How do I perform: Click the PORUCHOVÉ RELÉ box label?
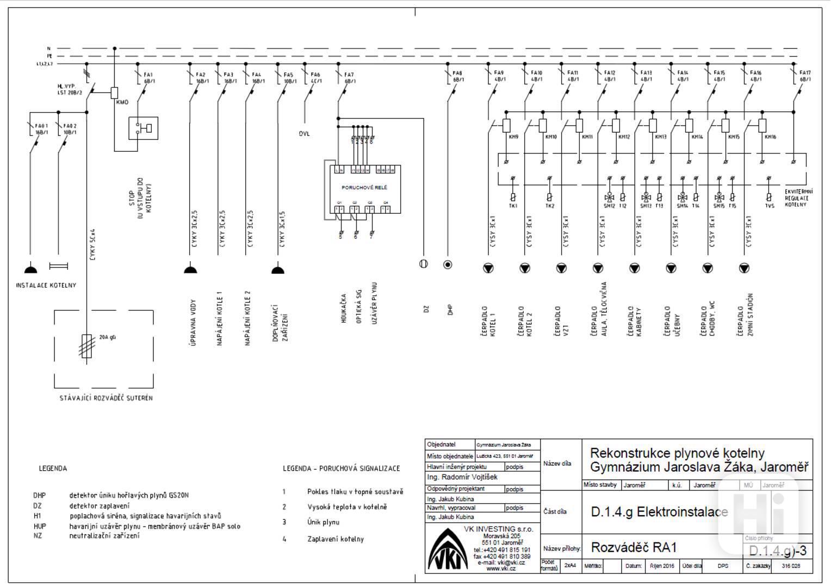tap(364, 187)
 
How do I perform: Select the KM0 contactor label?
tap(122, 102)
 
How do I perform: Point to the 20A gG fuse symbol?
tap(86, 345)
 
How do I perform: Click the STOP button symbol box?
tap(143, 128)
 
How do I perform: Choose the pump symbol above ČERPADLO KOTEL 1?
tap(488, 268)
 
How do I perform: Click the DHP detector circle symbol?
tap(448, 265)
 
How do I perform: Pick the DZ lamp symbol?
tap(423, 264)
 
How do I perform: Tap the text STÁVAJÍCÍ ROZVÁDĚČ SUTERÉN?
tap(106, 398)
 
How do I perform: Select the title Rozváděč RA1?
tap(634, 547)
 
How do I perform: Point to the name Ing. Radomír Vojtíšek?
tap(462, 477)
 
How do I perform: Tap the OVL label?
tap(304, 133)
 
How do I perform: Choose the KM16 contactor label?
tap(770, 137)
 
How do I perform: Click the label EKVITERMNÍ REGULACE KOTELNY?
tap(798, 198)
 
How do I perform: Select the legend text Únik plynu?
tap(323, 522)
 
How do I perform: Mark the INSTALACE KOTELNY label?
tap(46, 286)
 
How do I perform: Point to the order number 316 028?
tap(791, 566)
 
